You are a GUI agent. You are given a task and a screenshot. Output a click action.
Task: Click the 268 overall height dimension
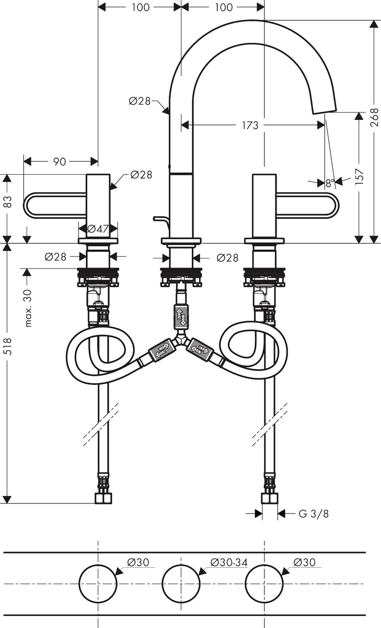click(x=375, y=118)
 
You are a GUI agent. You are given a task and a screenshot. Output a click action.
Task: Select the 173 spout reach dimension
click(x=250, y=125)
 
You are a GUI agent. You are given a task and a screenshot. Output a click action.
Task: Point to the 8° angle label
click(x=330, y=183)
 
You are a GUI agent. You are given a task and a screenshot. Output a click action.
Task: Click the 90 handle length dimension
click(x=60, y=162)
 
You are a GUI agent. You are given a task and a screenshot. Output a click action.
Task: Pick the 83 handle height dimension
click(x=8, y=201)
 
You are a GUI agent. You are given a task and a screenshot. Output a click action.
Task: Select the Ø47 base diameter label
click(x=98, y=229)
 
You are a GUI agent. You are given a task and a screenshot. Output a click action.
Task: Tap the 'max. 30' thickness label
click(x=29, y=308)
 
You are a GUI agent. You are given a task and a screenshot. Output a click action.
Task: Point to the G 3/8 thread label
click(x=314, y=513)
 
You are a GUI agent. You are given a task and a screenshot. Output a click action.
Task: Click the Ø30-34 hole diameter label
click(x=229, y=562)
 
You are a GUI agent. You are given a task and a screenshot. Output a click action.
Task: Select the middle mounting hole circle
click(x=181, y=583)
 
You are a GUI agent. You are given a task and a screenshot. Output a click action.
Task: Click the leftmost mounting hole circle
click(x=98, y=583)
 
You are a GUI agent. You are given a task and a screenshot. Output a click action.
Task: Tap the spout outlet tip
click(x=324, y=110)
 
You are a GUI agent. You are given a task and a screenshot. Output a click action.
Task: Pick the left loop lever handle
click(x=55, y=205)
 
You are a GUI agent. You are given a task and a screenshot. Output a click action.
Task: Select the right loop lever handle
click(x=308, y=205)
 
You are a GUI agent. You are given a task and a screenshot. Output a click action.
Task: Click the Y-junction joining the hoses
click(x=181, y=339)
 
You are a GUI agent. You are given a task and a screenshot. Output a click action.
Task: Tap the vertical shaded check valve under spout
click(x=181, y=316)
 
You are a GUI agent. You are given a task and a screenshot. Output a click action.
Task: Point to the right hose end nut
click(x=270, y=498)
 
